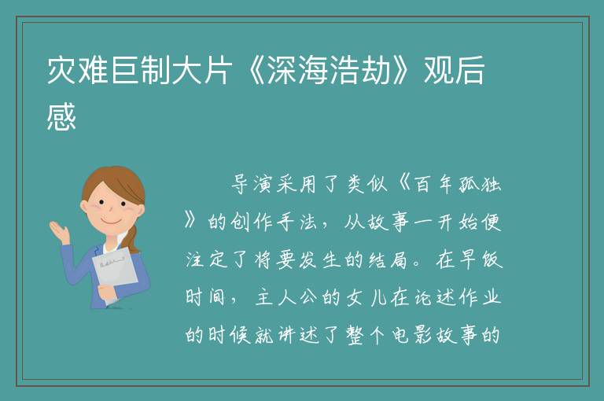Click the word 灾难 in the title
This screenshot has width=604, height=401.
(x=77, y=71)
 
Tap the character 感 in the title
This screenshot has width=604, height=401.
(x=61, y=116)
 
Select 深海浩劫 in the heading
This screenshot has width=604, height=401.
(x=329, y=71)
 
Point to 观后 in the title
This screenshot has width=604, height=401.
(x=454, y=71)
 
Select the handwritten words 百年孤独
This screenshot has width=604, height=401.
(x=457, y=184)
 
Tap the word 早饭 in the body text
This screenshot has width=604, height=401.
(x=481, y=259)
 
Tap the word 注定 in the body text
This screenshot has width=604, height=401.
(x=208, y=259)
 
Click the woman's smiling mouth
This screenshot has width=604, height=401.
(x=112, y=221)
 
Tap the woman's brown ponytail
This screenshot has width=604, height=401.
(x=132, y=239)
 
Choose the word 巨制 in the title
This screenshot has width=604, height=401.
(x=140, y=71)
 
